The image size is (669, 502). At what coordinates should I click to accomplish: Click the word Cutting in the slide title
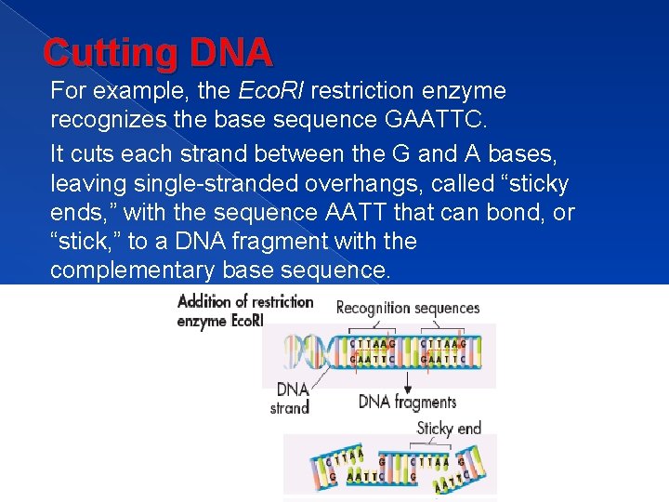tap(110, 53)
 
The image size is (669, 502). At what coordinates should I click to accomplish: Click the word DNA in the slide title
tap(231, 53)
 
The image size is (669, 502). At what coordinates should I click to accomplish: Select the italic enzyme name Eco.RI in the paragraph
tap(274, 91)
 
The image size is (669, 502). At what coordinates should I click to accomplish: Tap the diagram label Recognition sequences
tap(407, 308)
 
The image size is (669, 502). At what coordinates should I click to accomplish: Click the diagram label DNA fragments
tap(407, 402)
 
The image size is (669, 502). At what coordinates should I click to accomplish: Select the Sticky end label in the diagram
tap(449, 429)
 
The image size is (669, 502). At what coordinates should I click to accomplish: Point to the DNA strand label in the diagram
tap(291, 398)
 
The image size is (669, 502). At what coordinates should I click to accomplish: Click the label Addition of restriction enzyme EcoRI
tap(245, 310)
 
